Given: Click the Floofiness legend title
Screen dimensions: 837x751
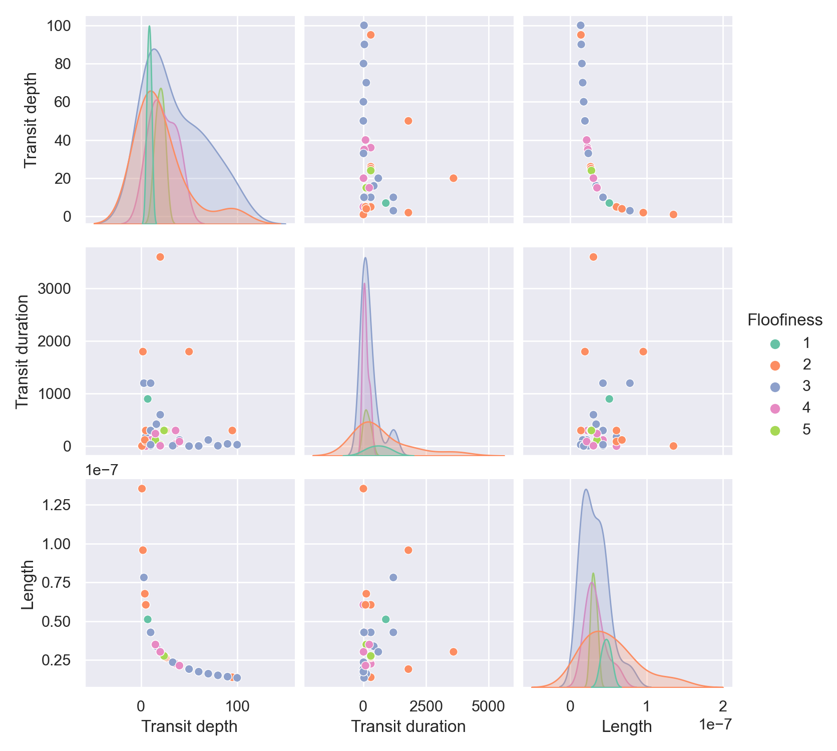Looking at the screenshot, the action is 785,320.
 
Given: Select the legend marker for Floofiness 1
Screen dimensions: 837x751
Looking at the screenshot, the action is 775,344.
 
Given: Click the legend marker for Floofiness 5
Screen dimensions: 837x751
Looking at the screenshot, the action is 775,430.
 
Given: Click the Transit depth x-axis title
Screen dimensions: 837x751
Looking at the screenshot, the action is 190,726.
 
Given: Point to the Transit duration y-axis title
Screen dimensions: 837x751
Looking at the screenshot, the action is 23,351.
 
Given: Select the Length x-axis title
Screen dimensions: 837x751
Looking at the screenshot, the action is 627,726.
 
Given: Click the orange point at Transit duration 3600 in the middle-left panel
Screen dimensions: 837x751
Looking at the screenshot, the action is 160,257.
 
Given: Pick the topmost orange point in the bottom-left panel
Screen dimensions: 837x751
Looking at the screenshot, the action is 142,489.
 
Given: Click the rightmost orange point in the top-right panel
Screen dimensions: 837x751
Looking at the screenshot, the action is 673,214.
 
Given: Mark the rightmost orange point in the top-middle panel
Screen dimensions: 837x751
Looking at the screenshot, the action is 454,178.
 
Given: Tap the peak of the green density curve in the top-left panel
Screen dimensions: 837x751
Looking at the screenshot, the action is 149,26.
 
